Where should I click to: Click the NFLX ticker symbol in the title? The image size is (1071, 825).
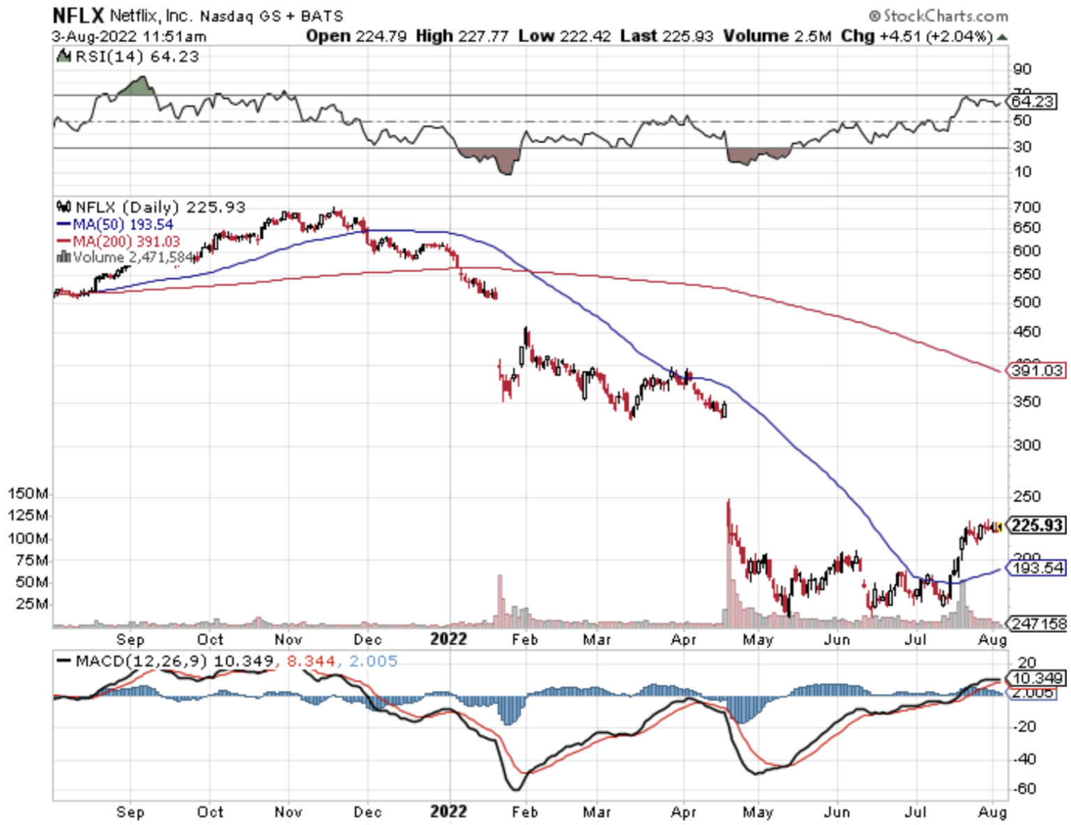click(x=78, y=15)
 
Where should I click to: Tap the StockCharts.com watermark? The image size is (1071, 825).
click(x=939, y=15)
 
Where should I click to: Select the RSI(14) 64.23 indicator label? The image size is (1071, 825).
click(x=137, y=57)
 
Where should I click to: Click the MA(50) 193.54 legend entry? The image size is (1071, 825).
click(x=115, y=224)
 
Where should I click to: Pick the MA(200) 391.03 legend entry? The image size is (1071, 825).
click(x=119, y=241)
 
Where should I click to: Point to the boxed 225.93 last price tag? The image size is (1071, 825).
click(x=1038, y=526)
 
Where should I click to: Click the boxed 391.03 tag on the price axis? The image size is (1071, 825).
click(x=1037, y=371)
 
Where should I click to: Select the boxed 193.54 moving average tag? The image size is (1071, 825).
click(x=1038, y=568)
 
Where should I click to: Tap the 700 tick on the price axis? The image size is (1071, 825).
click(x=1027, y=207)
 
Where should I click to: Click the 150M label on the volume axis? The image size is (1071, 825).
click(x=28, y=494)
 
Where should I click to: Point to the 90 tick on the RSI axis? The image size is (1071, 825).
click(x=1022, y=69)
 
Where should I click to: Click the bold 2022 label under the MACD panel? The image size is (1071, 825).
click(x=448, y=812)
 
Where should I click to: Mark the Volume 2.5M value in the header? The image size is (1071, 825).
click(x=777, y=36)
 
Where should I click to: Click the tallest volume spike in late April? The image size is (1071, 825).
click(x=729, y=558)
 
